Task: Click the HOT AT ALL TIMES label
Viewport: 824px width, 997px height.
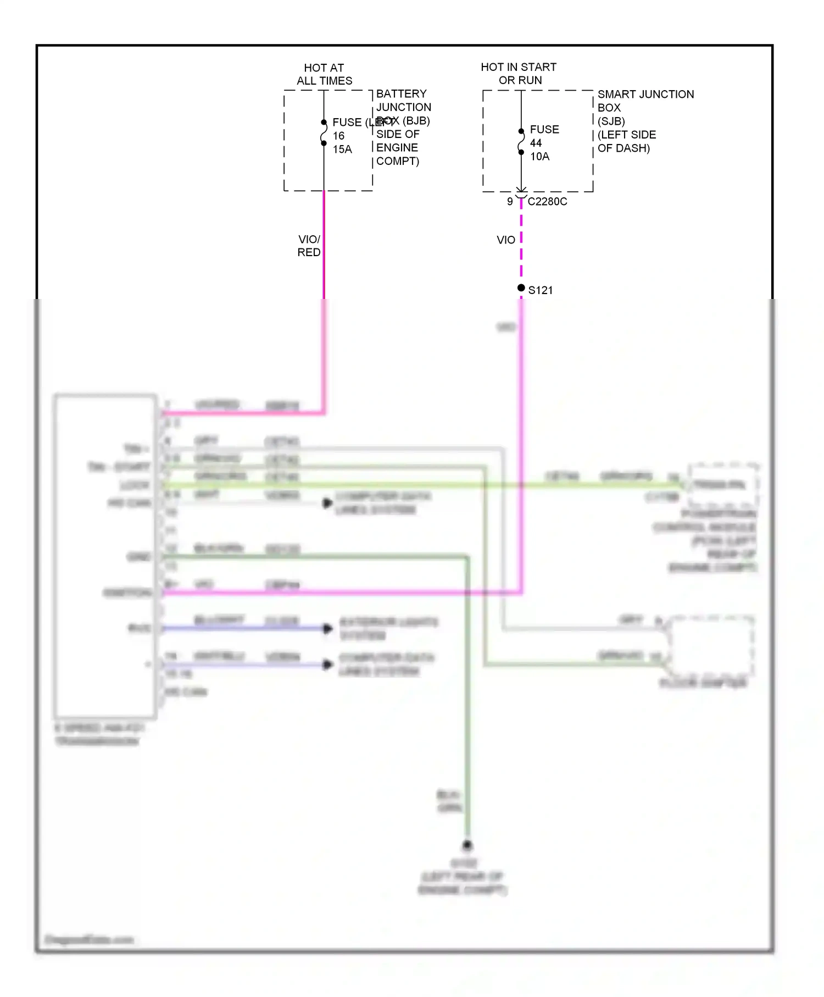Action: click(x=324, y=74)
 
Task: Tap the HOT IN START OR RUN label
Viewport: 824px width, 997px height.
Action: click(x=519, y=74)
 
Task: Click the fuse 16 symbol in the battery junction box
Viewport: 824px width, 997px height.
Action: click(x=324, y=133)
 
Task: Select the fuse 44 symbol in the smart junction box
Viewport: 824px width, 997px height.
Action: click(x=521, y=142)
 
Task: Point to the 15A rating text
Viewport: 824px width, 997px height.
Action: click(x=342, y=149)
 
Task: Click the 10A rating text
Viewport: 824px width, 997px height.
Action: click(x=539, y=157)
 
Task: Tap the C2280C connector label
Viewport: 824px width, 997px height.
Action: click(x=547, y=202)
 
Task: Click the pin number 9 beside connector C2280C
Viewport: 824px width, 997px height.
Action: click(x=510, y=202)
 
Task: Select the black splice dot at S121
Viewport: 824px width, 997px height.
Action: click(x=521, y=288)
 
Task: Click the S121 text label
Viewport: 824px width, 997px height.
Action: click(x=541, y=290)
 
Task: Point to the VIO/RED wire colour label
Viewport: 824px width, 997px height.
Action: click(x=309, y=246)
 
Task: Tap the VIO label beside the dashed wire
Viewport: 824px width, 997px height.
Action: click(x=506, y=240)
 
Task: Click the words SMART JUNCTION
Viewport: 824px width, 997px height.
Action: click(x=645, y=95)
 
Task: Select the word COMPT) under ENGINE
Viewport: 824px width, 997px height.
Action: click(x=398, y=161)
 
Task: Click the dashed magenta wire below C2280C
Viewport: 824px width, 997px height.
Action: click(x=521, y=242)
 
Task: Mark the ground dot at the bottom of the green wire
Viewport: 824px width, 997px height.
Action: click(x=467, y=845)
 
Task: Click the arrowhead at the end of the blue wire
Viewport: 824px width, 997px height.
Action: click(x=328, y=628)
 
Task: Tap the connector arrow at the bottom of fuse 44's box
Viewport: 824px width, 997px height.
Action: click(x=521, y=190)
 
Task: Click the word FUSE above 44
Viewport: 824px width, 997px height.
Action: click(x=544, y=130)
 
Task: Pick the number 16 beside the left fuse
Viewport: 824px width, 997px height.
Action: click(x=339, y=136)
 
